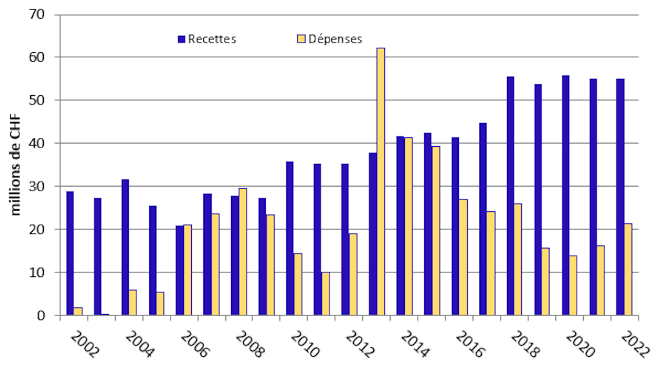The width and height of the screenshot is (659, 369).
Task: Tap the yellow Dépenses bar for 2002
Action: (x=78, y=311)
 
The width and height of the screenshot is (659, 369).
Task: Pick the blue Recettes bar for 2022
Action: (x=620, y=197)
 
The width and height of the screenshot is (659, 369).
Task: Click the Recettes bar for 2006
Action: (x=180, y=270)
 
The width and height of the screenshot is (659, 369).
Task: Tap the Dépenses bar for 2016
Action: (x=463, y=257)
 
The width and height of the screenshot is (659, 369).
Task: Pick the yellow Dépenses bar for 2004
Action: (x=133, y=303)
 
